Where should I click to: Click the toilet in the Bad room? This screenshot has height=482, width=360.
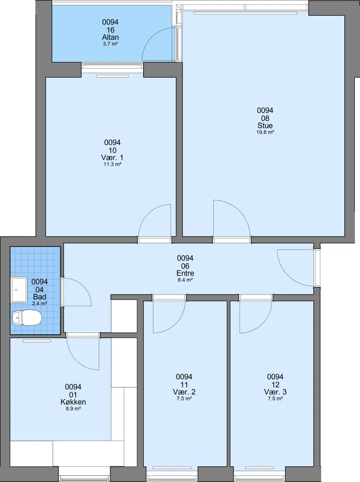[27, 317]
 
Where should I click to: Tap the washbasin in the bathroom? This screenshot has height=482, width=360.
[19, 290]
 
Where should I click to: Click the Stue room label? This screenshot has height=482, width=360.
[265, 126]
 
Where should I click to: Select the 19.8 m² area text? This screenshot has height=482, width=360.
[265, 132]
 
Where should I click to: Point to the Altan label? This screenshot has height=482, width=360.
[110, 37]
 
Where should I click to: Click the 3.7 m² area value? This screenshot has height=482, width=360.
[110, 44]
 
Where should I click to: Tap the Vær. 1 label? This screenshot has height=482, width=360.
[112, 158]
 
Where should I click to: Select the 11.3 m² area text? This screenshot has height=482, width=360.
[112, 164]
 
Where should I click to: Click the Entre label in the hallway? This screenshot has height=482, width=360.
[185, 273]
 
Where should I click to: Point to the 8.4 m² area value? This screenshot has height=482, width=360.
[185, 280]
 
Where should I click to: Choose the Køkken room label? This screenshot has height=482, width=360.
[73, 402]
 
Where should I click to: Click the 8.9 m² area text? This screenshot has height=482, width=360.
[73, 409]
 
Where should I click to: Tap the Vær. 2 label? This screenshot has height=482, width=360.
[184, 392]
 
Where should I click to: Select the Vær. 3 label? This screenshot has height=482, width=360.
[275, 392]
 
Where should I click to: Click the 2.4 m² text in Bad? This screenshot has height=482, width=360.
[40, 304]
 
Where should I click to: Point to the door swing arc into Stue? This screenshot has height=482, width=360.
[240, 211]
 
